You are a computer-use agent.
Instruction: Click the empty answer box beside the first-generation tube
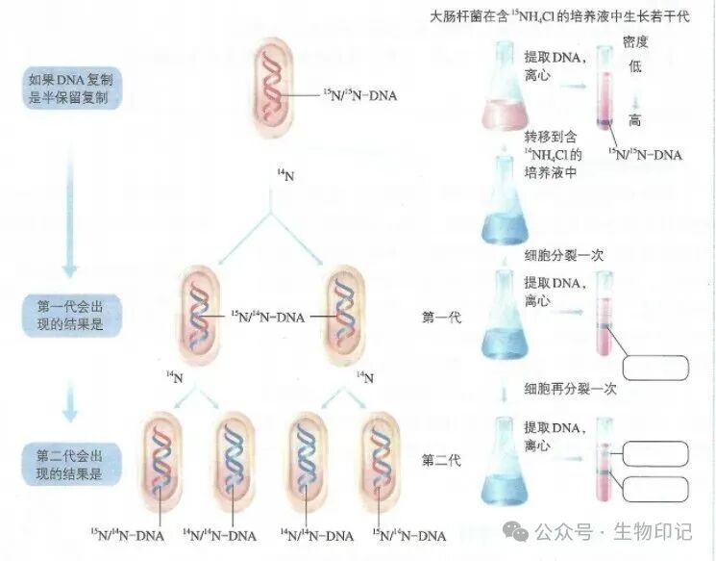[x=656, y=367]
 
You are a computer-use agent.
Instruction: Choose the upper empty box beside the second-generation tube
[x=656, y=454]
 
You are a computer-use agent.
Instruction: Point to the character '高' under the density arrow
[x=634, y=120]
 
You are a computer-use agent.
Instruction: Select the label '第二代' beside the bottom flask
[x=441, y=460]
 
